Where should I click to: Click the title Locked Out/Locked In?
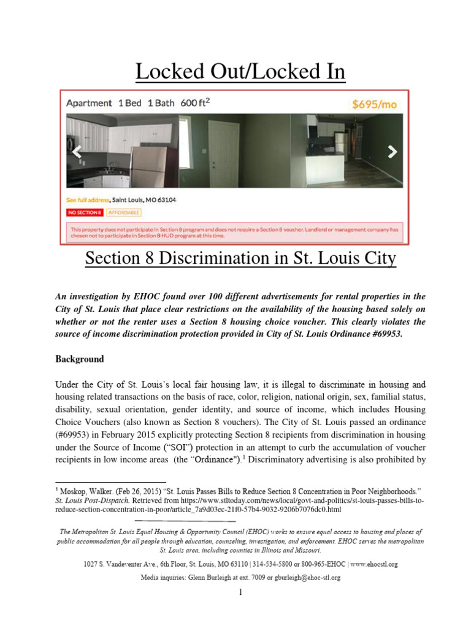click(x=240, y=72)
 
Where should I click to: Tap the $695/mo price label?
click(x=374, y=104)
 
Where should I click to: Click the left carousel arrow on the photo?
click(x=77, y=152)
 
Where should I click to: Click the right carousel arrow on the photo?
click(x=392, y=151)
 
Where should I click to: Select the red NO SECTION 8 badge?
click(x=85, y=213)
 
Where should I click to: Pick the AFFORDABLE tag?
click(x=123, y=213)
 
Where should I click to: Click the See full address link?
click(x=88, y=200)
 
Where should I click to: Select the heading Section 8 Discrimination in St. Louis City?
click(x=240, y=259)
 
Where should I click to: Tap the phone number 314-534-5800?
click(x=283, y=564)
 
